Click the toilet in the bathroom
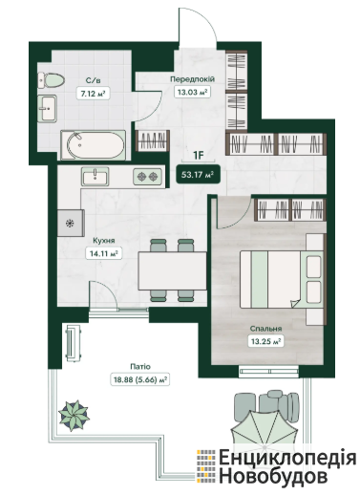(51, 80)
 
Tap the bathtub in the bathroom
(93, 145)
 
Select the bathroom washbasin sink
(47, 108)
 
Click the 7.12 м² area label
(93, 94)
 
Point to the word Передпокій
(192, 79)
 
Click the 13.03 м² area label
(193, 93)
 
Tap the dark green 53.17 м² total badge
(198, 175)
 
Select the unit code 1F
(199, 156)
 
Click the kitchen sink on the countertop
(95, 176)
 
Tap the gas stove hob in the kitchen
(147, 176)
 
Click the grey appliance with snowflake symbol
(71, 223)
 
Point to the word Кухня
(104, 241)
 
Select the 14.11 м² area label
(104, 253)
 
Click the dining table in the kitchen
(172, 270)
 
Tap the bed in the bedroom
(282, 279)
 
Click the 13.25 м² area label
(265, 342)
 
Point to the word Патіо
(140, 367)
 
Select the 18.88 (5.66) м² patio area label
(140, 379)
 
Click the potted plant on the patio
(74, 415)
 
